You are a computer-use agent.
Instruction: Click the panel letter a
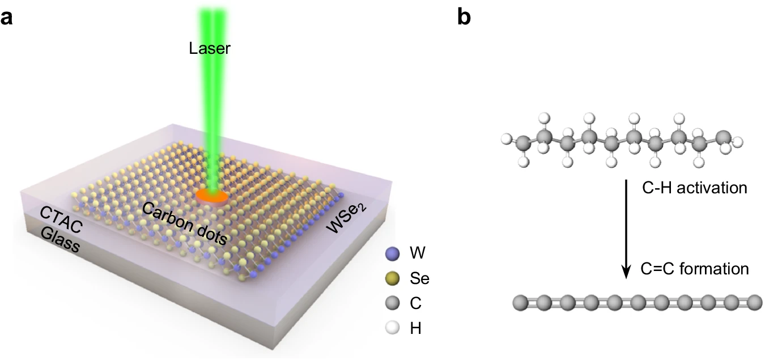pyautogui.click(x=6, y=18)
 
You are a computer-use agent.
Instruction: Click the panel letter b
pyautogui.click(x=464, y=16)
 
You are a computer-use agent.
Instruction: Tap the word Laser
pyautogui.click(x=210, y=48)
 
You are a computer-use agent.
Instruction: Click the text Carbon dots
pyautogui.click(x=184, y=223)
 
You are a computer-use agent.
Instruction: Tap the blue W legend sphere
pyautogui.click(x=392, y=254)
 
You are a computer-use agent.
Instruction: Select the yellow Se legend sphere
pyautogui.click(x=392, y=278)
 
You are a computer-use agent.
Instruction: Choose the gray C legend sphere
pyautogui.click(x=392, y=303)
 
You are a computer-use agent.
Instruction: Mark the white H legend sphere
pyautogui.click(x=392, y=328)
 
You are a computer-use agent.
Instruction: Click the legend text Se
pyautogui.click(x=419, y=279)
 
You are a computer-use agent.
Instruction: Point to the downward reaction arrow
pyautogui.click(x=626, y=229)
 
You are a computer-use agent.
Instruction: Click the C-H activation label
pyautogui.click(x=695, y=188)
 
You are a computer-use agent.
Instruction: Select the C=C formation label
pyautogui.click(x=695, y=269)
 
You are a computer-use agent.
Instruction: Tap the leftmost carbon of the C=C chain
pyautogui.click(x=521, y=303)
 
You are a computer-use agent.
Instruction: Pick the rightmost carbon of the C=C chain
pyautogui.click(x=754, y=303)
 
